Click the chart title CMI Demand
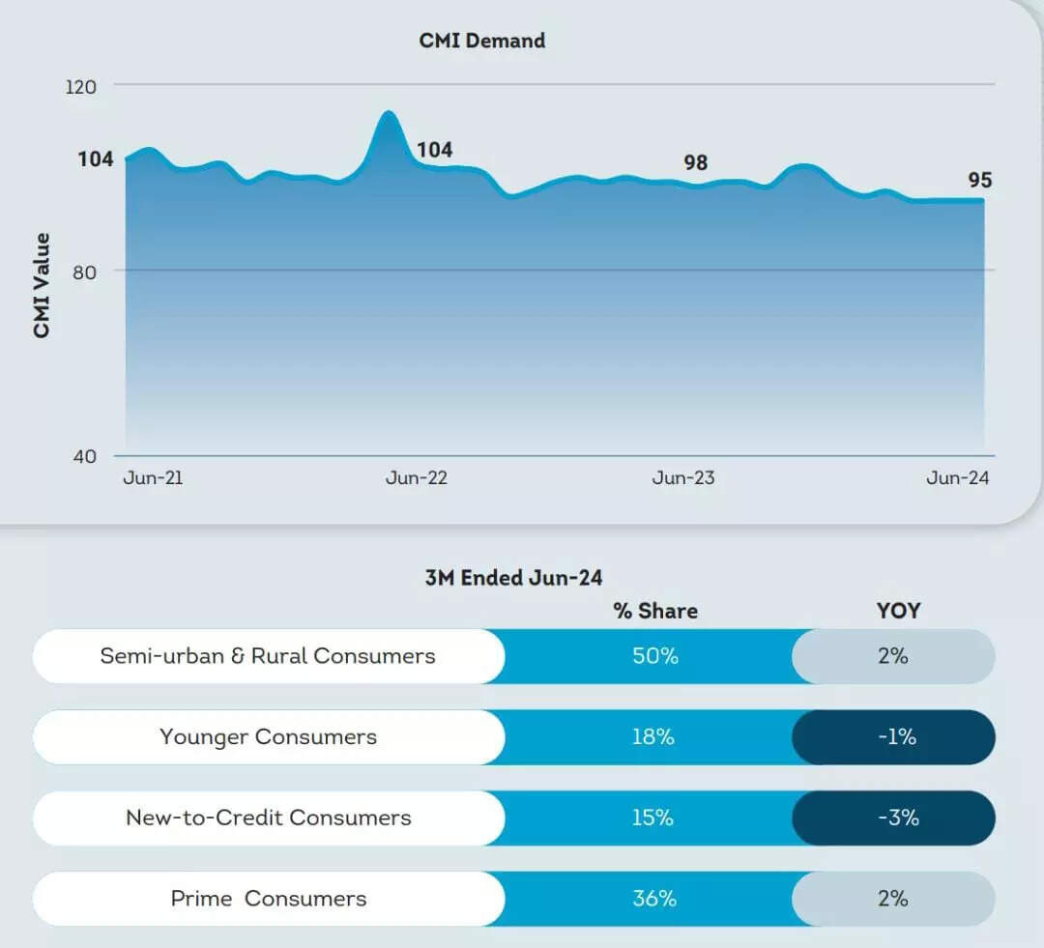click(x=481, y=41)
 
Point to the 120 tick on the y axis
click(x=81, y=87)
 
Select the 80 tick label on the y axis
click(x=84, y=272)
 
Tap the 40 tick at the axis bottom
click(x=85, y=456)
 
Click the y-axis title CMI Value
click(x=42, y=285)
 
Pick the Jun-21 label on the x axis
click(x=153, y=478)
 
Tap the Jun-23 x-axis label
click(x=683, y=478)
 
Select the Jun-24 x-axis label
click(x=958, y=478)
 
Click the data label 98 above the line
click(x=696, y=162)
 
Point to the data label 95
click(x=980, y=181)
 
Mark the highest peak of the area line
click(x=388, y=113)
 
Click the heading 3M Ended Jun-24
click(x=513, y=578)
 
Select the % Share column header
click(x=655, y=611)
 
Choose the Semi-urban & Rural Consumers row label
click(x=268, y=656)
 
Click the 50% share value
click(x=655, y=656)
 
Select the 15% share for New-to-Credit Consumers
click(x=652, y=818)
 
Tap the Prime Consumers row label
click(x=269, y=899)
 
